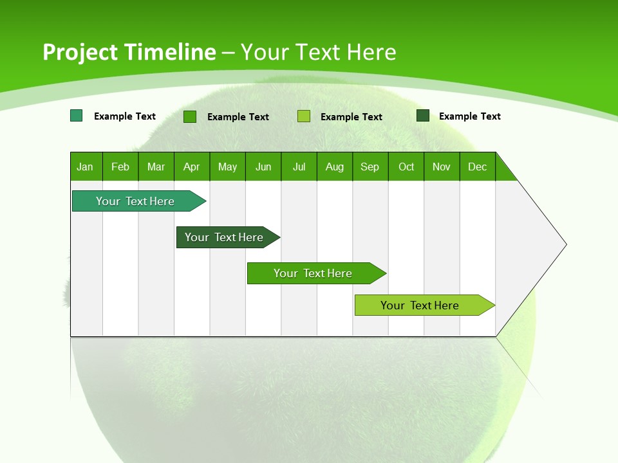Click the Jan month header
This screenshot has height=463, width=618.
point(85,167)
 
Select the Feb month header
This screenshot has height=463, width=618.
point(120,167)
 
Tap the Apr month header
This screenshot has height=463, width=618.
point(191,167)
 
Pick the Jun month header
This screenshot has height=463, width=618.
point(263,167)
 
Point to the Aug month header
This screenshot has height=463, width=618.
point(335,167)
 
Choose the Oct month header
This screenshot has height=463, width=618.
point(406,167)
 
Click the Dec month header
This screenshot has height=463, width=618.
point(477,167)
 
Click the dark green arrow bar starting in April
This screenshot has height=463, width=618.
point(225,237)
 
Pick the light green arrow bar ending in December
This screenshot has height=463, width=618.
point(422,305)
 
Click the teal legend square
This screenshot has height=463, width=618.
point(76,116)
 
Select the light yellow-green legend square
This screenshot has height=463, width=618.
point(304,116)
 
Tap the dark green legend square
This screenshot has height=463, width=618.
point(423,116)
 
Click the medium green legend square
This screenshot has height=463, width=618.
point(190,116)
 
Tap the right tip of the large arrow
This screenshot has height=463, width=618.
point(565,244)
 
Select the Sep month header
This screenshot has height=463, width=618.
point(370,167)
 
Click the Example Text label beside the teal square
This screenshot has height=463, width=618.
point(125,116)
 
